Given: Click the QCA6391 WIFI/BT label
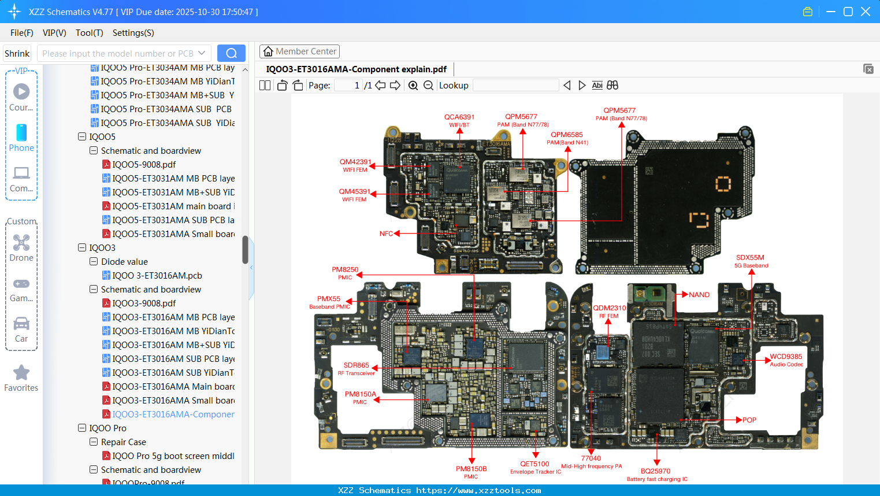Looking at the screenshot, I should coord(459,120).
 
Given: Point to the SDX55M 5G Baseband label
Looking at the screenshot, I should coord(751,261).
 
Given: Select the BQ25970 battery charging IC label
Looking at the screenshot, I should coord(656,475).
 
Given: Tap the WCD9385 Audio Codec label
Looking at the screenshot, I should coord(786,360).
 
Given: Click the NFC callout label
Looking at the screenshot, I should coord(386,234).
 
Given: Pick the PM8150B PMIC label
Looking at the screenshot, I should coord(471,472).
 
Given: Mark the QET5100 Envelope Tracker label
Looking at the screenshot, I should coord(535,467).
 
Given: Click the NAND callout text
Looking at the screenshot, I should coord(699,295).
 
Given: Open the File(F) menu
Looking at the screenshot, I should coord(22,33).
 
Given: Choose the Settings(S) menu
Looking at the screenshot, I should coord(133,33).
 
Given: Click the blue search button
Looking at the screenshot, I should coord(231,53).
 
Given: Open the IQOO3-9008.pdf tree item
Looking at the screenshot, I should coord(144,303).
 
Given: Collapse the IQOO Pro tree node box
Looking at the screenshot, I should coord(82,428).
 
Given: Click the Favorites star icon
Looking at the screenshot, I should coord(21,373).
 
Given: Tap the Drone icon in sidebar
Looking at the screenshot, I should coord(21,243).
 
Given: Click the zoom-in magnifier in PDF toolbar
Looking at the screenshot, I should coord(413,86).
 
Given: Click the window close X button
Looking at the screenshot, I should coord(866,12).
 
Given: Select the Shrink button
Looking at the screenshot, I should coord(17,53).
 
